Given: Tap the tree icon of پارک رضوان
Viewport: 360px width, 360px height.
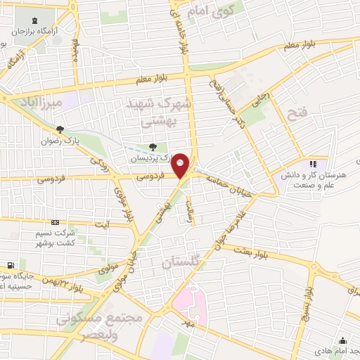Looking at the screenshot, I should pos(60,129).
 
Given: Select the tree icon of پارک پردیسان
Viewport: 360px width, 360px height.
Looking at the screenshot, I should pos(153,147).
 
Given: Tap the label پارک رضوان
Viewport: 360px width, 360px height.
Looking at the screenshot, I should pos(88,131).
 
